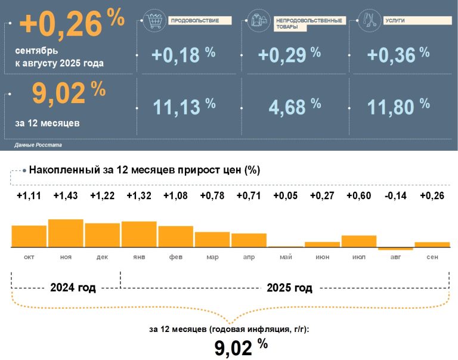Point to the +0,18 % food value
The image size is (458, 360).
pos(183,55)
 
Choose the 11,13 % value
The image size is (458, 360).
pos(184,107)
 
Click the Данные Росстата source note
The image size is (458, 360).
pos(39,145)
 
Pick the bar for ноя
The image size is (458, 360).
pos(66,233)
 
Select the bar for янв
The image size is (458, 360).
pos(139,234)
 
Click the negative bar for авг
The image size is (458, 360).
pos(395,249)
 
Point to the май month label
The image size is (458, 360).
pos(286,257)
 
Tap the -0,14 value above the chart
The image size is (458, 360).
pos(395,196)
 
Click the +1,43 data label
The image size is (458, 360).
pos(66,196)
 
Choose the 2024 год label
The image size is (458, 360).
pos(73,288)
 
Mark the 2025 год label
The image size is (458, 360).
pos(290,288)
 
